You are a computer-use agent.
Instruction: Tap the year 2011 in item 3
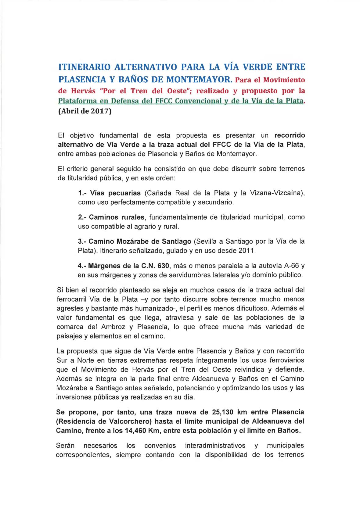247,251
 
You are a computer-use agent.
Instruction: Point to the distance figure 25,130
222,412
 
